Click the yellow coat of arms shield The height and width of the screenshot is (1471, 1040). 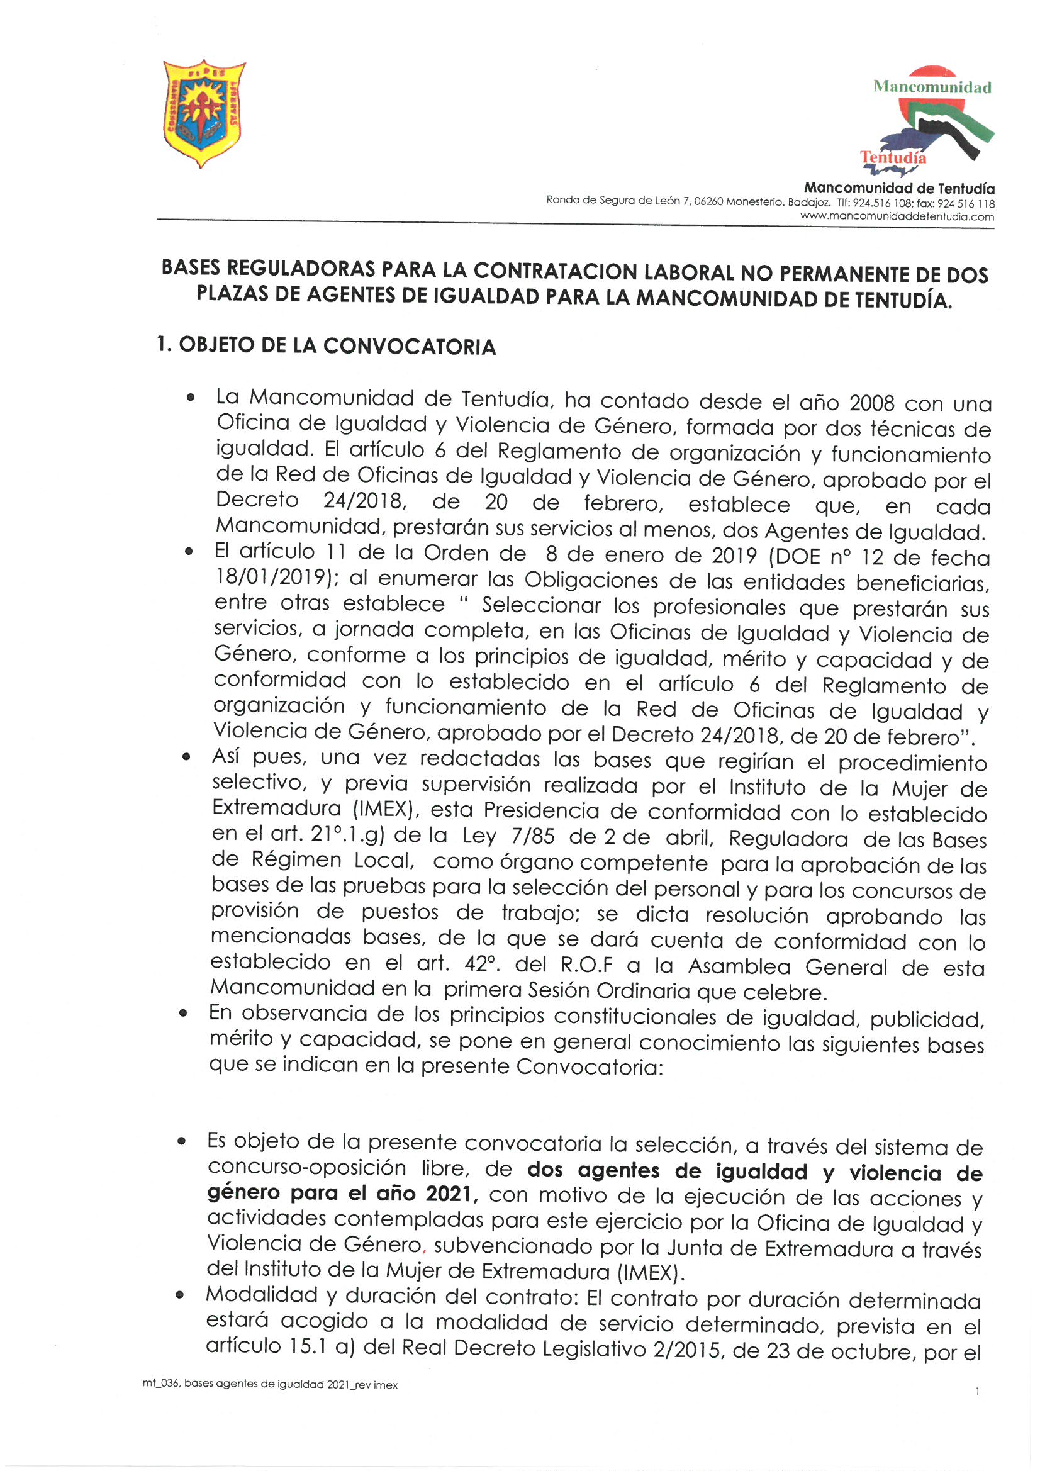pos(204,113)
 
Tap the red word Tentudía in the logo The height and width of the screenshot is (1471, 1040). pos(893,157)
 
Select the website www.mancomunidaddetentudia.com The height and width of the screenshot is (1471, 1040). pos(897,216)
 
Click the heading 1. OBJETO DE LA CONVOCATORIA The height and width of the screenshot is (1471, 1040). pos(327,346)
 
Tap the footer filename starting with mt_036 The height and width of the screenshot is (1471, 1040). pos(270,1385)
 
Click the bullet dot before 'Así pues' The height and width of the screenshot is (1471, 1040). pos(185,758)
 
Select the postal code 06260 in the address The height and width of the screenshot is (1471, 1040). pos(708,202)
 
